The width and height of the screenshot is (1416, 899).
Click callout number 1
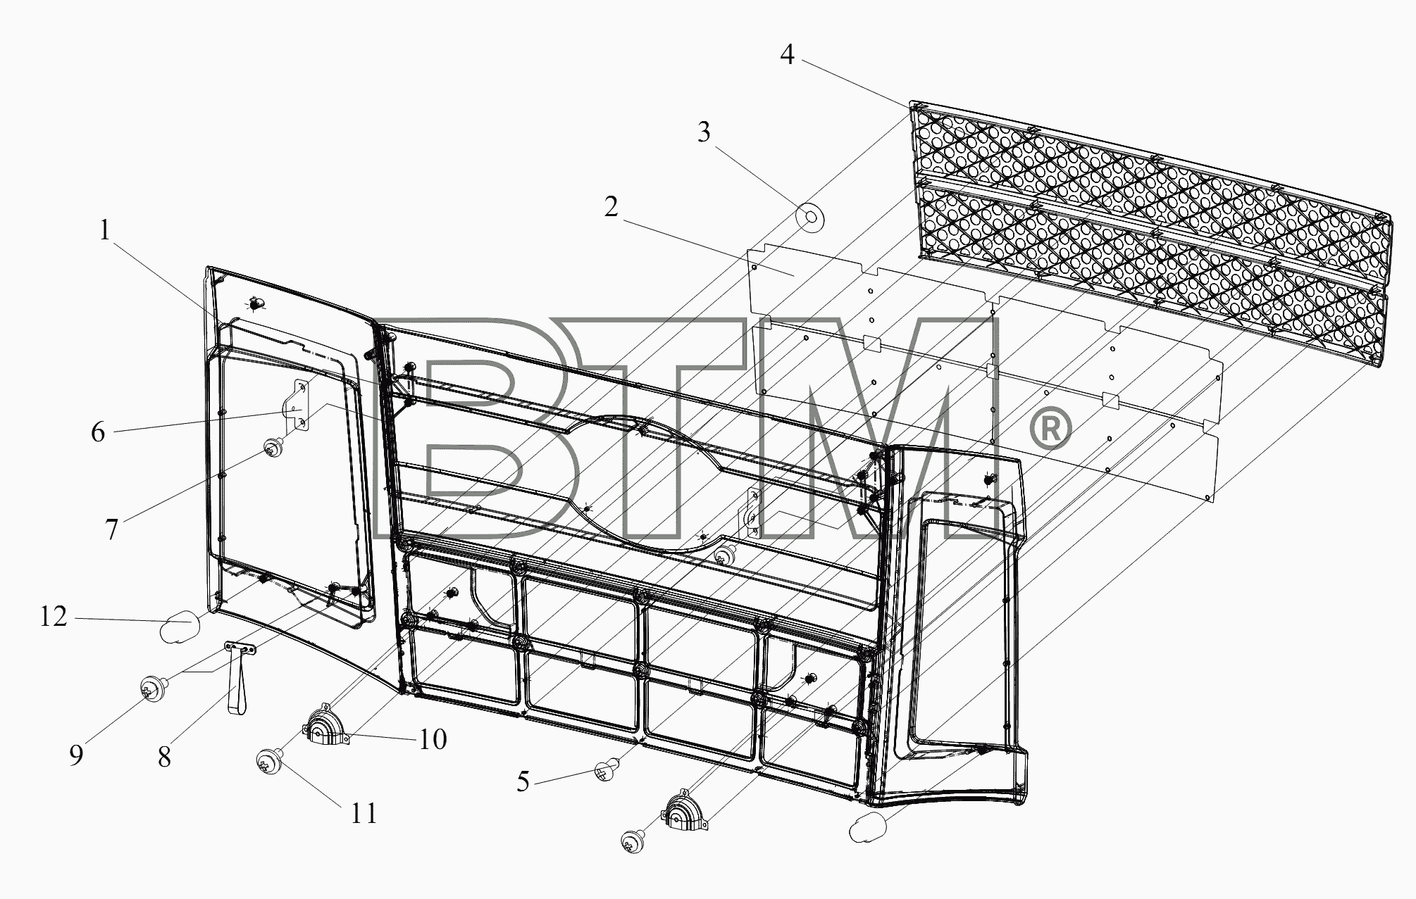(x=105, y=230)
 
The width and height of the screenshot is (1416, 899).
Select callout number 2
(x=611, y=206)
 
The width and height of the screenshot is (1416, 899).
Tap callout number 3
(x=704, y=132)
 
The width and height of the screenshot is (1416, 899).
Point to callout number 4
(x=787, y=54)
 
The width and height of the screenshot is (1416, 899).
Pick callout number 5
(x=523, y=781)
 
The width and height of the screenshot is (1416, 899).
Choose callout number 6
(x=99, y=432)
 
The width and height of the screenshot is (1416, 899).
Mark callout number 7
(x=112, y=529)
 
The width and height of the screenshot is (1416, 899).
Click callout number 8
(x=164, y=757)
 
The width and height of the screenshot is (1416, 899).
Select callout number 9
(x=76, y=755)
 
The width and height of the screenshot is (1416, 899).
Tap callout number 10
(x=433, y=739)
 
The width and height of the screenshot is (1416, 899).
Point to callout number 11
(x=364, y=814)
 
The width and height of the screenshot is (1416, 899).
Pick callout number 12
(x=54, y=617)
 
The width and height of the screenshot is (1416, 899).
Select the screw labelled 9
(x=152, y=689)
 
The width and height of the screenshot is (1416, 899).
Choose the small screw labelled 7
(x=273, y=448)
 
